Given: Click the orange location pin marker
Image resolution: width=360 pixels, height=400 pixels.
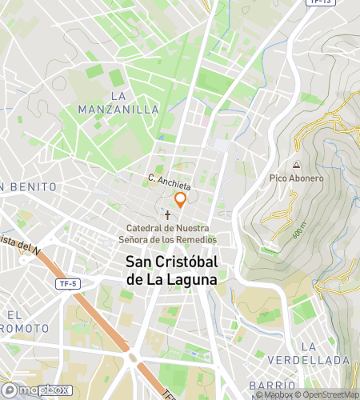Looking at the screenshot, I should click(181, 200).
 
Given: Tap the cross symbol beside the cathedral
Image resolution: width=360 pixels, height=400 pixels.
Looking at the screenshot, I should click(168, 215).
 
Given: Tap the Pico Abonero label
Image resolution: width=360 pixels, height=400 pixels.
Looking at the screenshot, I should click(296, 178).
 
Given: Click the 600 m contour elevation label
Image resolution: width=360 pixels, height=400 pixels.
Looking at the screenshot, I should click(299, 230).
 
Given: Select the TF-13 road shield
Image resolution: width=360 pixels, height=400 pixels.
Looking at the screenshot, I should click(318, 2).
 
